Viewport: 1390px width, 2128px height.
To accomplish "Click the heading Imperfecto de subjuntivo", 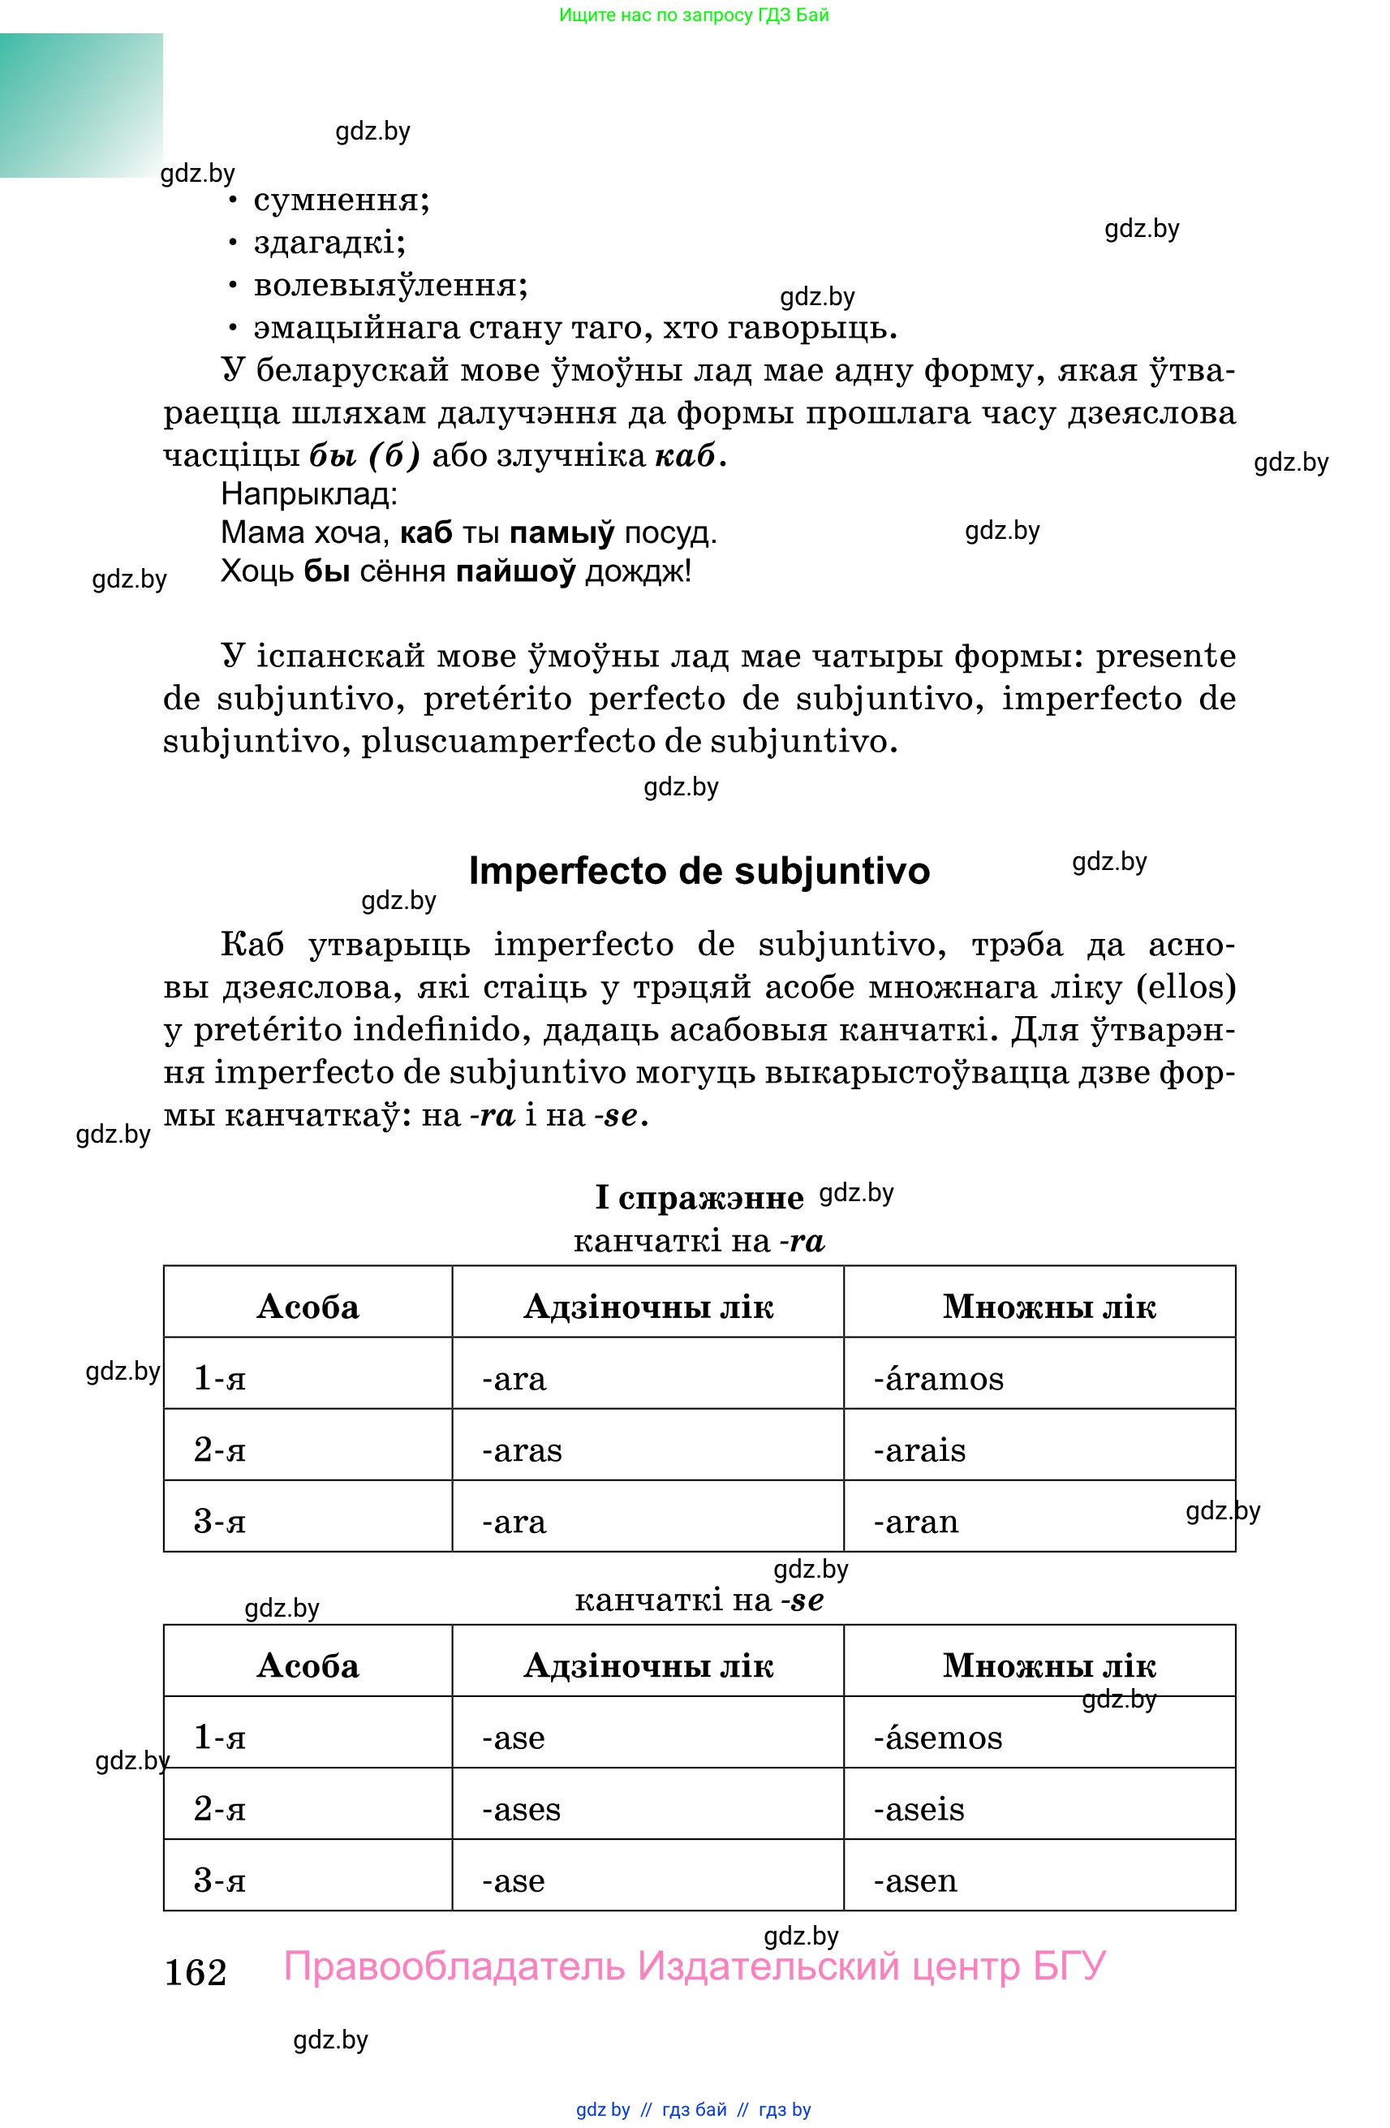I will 698,871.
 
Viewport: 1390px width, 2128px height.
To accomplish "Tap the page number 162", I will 196,1971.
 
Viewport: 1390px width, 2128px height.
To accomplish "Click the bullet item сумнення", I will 341,200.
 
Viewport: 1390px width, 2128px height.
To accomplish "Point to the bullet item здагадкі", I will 329,243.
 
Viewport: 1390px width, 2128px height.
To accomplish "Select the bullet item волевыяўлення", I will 389,285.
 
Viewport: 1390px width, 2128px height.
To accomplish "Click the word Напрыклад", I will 308,493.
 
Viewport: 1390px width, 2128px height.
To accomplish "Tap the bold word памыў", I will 562,533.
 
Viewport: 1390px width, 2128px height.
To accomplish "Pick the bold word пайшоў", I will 515,571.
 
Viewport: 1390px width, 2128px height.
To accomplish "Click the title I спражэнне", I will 699,1197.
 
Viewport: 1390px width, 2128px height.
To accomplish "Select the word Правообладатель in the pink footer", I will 454,1966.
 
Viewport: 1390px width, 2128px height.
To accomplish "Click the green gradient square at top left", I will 80,105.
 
